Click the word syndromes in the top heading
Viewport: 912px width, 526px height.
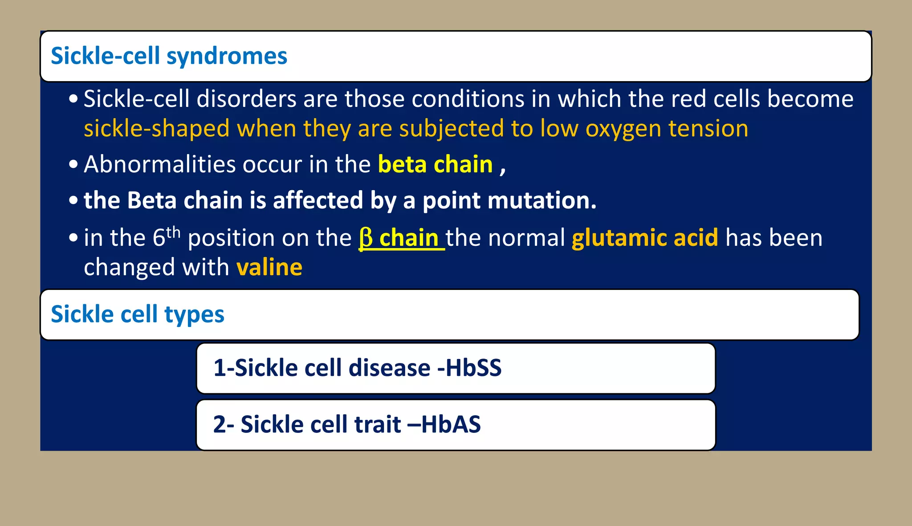pyautogui.click(x=227, y=57)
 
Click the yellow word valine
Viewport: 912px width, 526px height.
pyautogui.click(x=269, y=267)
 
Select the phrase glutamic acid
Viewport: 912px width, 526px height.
pyautogui.click(x=644, y=238)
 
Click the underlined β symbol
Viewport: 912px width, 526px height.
pyautogui.click(x=366, y=238)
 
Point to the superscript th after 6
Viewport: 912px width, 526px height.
pyautogui.click(x=173, y=232)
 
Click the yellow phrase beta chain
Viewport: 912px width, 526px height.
pyautogui.click(x=435, y=164)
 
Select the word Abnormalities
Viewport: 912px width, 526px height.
pyautogui.click(x=160, y=164)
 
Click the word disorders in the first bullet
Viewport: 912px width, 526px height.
pyautogui.click(x=246, y=99)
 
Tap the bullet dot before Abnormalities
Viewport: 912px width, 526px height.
pyautogui.click(x=73, y=164)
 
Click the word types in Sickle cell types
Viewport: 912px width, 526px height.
pyautogui.click(x=194, y=315)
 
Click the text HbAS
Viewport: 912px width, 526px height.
pyautogui.click(x=451, y=424)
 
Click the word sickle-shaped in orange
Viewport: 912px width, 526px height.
pyautogui.click(x=157, y=129)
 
